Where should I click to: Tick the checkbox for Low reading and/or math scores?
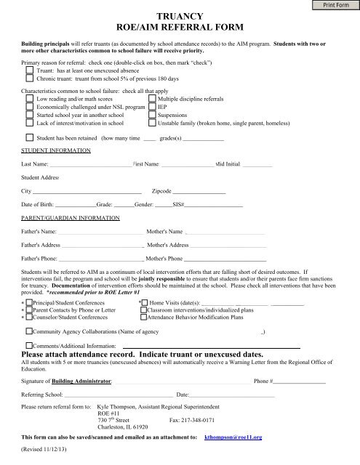pos(28,98)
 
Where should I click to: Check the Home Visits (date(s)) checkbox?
pos(143,302)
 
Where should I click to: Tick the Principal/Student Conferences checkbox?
pos(28,302)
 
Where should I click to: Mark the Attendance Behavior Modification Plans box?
pos(143,318)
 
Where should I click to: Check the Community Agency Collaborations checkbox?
pos(28,331)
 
